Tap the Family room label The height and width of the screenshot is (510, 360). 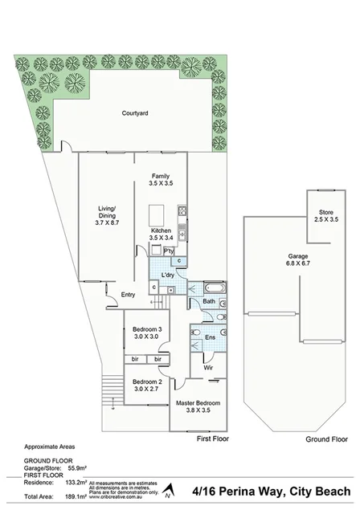(x=161, y=175)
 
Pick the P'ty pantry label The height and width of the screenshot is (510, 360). (x=169, y=251)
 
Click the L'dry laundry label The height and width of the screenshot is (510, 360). (x=168, y=275)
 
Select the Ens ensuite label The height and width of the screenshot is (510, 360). (x=210, y=338)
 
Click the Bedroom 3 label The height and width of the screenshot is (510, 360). (x=148, y=330)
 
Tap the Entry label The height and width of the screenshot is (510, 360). (x=128, y=294)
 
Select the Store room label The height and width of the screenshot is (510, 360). (x=324, y=212)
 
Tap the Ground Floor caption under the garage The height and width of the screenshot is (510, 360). (x=326, y=439)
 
